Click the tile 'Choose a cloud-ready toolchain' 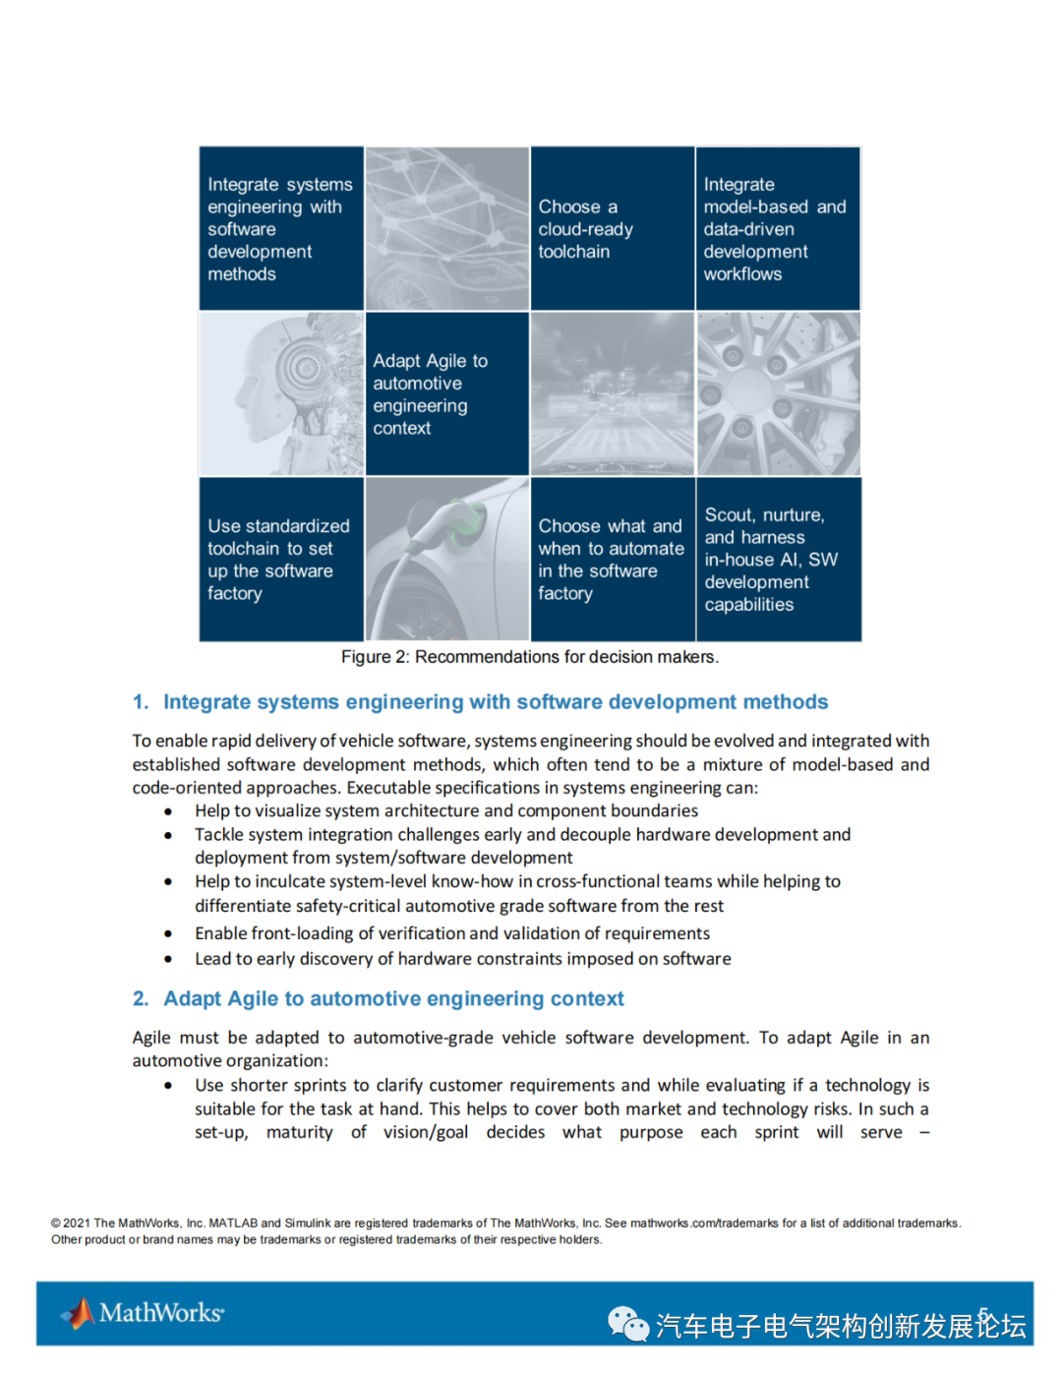612,228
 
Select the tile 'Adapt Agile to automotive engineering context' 446,393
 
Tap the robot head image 281,393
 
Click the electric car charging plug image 446,559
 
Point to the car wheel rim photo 778,393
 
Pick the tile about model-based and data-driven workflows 778,228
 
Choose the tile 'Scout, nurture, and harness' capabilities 778,559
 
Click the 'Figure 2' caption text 530,657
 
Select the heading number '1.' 141,702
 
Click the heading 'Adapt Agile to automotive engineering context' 393,999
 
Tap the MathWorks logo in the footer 144,1313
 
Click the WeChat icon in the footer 627,1324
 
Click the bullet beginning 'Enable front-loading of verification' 451,933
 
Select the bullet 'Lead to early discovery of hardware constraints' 462,959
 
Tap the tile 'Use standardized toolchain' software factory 281,559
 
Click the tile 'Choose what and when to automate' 612,559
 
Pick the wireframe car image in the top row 446,228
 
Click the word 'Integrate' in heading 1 206,702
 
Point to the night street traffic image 612,393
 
